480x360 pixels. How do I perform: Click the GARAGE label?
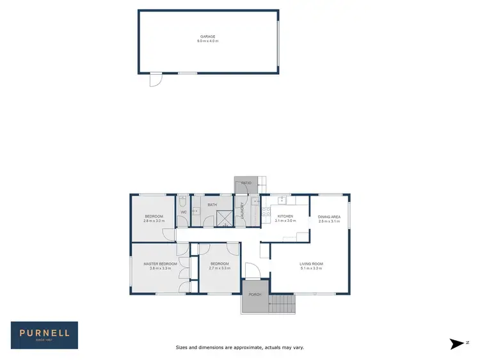207,37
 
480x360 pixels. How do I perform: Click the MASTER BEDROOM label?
160,264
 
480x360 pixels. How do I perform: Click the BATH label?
212,205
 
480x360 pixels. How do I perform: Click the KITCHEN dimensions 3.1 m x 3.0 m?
285,221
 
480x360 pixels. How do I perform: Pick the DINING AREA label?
329,217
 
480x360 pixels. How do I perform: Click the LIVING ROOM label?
311,264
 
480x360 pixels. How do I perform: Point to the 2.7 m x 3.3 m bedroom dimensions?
220,268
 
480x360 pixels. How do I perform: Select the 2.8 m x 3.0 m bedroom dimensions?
154,221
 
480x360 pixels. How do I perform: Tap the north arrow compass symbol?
456,343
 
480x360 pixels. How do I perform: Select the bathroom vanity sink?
196,210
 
